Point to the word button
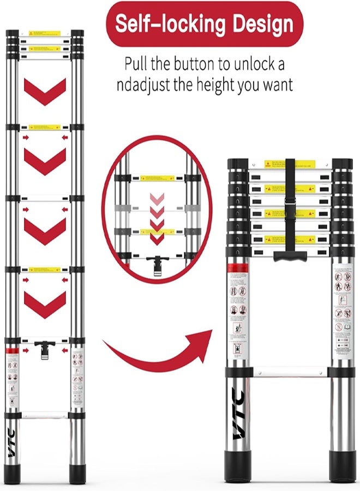pyautogui.click(x=191, y=64)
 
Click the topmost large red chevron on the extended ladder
pyautogui.click(x=45, y=92)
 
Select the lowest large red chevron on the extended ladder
pyautogui.click(x=45, y=304)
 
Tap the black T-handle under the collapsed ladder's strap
pyautogui.click(x=290, y=255)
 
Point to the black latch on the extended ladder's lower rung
pyautogui.click(x=45, y=348)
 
